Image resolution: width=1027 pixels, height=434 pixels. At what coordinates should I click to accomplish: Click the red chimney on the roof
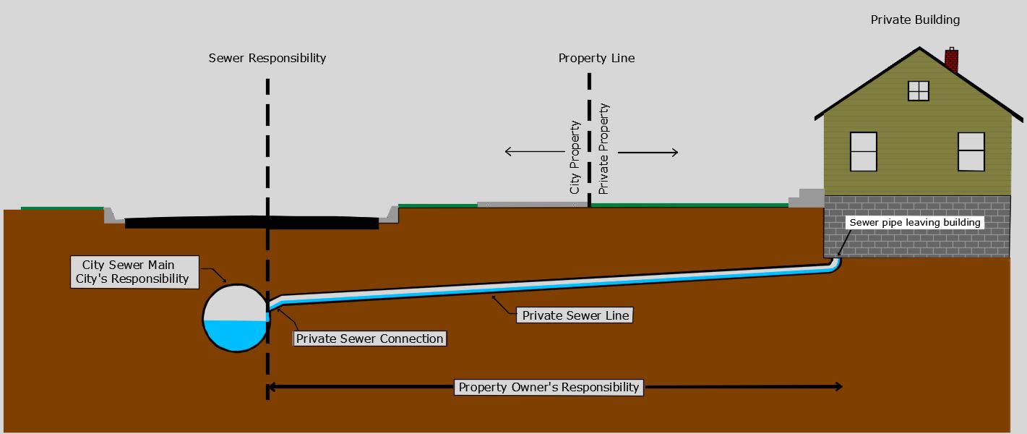pos(952,60)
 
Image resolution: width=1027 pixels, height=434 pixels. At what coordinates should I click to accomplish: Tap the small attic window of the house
pos(919,90)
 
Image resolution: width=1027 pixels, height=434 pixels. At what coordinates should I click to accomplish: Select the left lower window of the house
pos(864,151)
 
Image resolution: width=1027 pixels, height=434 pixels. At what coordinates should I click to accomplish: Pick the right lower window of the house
pos(971,151)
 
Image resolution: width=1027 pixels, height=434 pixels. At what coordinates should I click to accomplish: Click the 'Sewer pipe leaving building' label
pos(914,223)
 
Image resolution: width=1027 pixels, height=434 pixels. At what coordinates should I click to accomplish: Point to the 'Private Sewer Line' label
pos(575,315)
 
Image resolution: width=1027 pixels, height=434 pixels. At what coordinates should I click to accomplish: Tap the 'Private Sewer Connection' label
pos(369,339)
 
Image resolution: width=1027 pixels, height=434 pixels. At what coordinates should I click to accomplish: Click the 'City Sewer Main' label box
pos(135,272)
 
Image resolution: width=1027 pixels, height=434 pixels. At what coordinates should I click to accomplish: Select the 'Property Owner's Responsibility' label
pos(549,387)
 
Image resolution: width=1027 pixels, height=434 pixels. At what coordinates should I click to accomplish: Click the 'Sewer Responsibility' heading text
pos(267,58)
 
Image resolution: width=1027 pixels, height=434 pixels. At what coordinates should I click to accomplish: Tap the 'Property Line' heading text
pos(596,58)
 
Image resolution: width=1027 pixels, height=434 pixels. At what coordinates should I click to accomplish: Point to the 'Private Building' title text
pos(915,20)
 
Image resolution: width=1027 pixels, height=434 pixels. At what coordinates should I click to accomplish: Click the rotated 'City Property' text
pos(575,157)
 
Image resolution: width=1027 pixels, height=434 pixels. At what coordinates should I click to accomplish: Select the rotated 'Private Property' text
pos(604,148)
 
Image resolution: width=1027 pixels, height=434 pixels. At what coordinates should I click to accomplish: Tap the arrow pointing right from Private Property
pos(648,152)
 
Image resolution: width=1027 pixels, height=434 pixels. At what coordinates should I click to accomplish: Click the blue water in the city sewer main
pos(235,335)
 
